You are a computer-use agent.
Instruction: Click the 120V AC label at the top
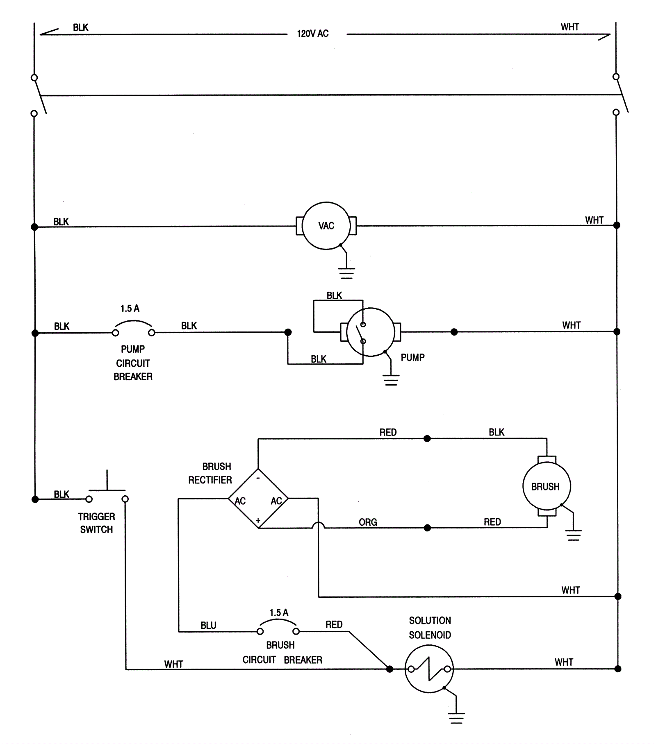coord(312,34)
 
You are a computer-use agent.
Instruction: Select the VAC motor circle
coord(326,226)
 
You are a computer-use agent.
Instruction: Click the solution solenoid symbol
coord(429,669)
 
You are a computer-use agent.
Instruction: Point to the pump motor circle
coord(370,332)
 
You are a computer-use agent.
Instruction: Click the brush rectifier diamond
coord(258,499)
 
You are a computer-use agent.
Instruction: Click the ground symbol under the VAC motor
coord(346,273)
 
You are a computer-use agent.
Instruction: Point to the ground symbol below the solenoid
coord(456,718)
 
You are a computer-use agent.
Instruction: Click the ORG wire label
coord(368,522)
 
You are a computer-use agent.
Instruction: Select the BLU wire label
coord(208,626)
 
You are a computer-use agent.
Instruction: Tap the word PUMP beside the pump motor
coord(412,358)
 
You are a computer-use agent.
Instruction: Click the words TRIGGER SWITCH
coord(96,523)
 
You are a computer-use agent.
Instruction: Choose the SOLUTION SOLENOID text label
coord(430,628)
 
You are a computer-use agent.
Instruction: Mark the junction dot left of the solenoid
coord(389,669)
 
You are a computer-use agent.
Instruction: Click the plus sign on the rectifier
coord(258,521)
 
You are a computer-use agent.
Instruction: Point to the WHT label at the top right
coord(569,27)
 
